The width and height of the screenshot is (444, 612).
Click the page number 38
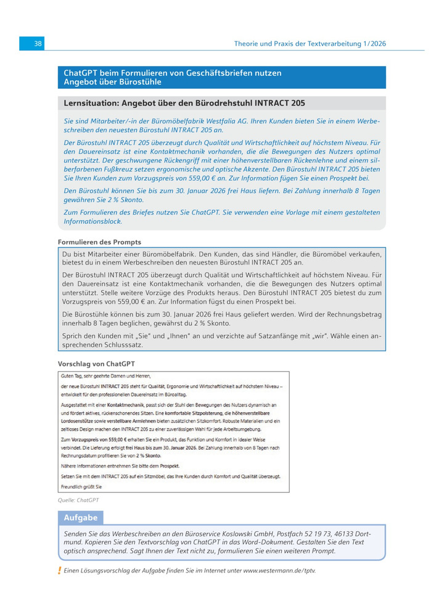tap(38, 44)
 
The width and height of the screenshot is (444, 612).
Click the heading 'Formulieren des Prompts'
tap(99, 242)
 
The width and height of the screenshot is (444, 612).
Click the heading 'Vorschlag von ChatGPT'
tap(96, 364)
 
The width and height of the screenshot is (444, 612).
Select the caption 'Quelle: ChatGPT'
tap(78, 500)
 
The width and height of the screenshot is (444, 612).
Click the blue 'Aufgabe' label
tap(81, 518)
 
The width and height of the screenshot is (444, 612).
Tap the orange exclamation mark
tap(59, 571)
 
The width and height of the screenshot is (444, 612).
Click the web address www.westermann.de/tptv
tap(279, 571)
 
